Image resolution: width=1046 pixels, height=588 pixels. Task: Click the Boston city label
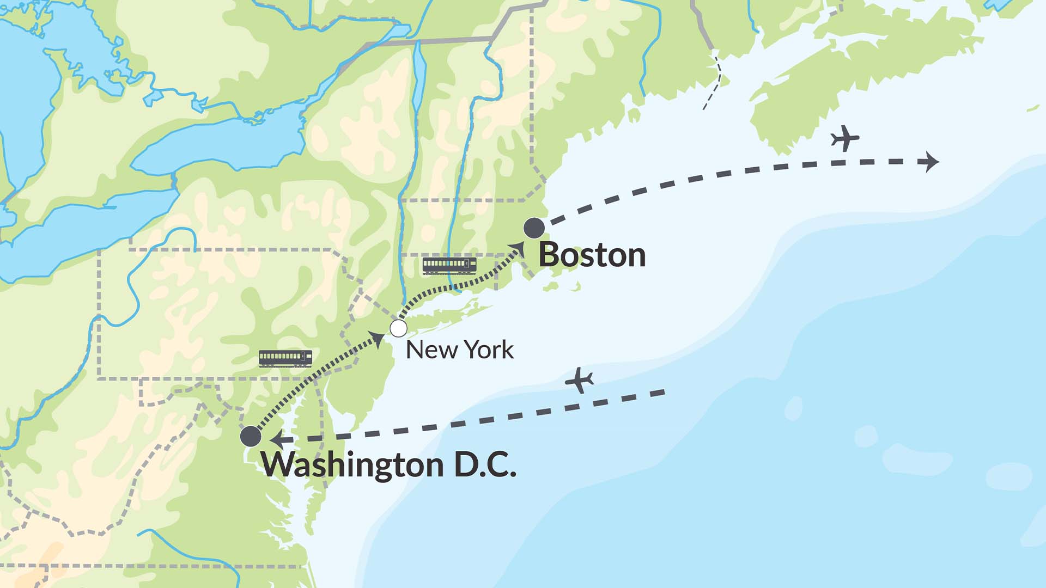coord(592,255)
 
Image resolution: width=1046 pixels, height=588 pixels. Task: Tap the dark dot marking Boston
coord(534,228)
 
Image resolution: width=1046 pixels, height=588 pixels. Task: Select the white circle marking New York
coord(398,328)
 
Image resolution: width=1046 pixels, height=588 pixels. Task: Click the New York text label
coord(459,350)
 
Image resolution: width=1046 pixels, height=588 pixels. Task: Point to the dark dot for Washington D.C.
coord(251,436)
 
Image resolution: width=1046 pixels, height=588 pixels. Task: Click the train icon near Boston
coord(449,265)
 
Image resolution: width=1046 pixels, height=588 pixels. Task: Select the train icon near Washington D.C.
coord(285,358)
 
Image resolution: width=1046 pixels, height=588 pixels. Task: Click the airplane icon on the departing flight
coord(845,138)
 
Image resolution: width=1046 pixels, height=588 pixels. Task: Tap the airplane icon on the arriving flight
coord(579,380)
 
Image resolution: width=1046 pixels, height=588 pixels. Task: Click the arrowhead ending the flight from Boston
coord(928,162)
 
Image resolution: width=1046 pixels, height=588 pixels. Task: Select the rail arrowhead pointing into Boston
coord(518,249)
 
